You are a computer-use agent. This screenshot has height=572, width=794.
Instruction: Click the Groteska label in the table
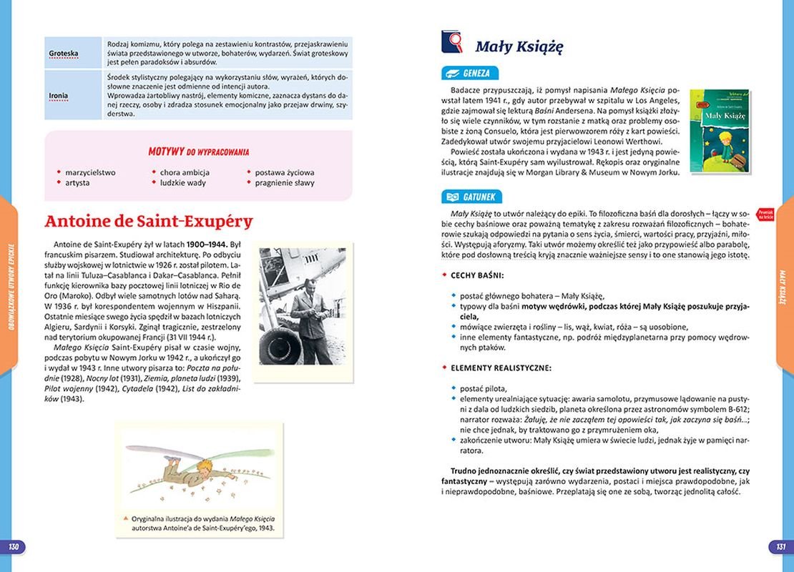coord(64,54)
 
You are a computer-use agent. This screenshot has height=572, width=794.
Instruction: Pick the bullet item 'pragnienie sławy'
coord(285,183)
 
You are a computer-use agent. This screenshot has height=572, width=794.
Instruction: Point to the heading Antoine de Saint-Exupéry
coord(149,222)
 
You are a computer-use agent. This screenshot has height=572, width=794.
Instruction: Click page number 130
coord(14,547)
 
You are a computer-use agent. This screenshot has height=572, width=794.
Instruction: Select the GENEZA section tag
coord(470,73)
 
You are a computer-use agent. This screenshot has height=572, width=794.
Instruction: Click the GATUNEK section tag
coord(472,197)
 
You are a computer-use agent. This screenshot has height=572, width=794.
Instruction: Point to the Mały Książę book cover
coord(719,130)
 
